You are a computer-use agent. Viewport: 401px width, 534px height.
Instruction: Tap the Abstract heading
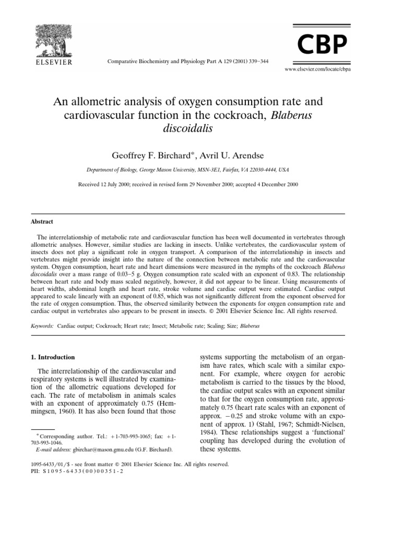[43, 222]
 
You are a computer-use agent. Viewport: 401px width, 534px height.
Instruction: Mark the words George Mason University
[163, 170]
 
